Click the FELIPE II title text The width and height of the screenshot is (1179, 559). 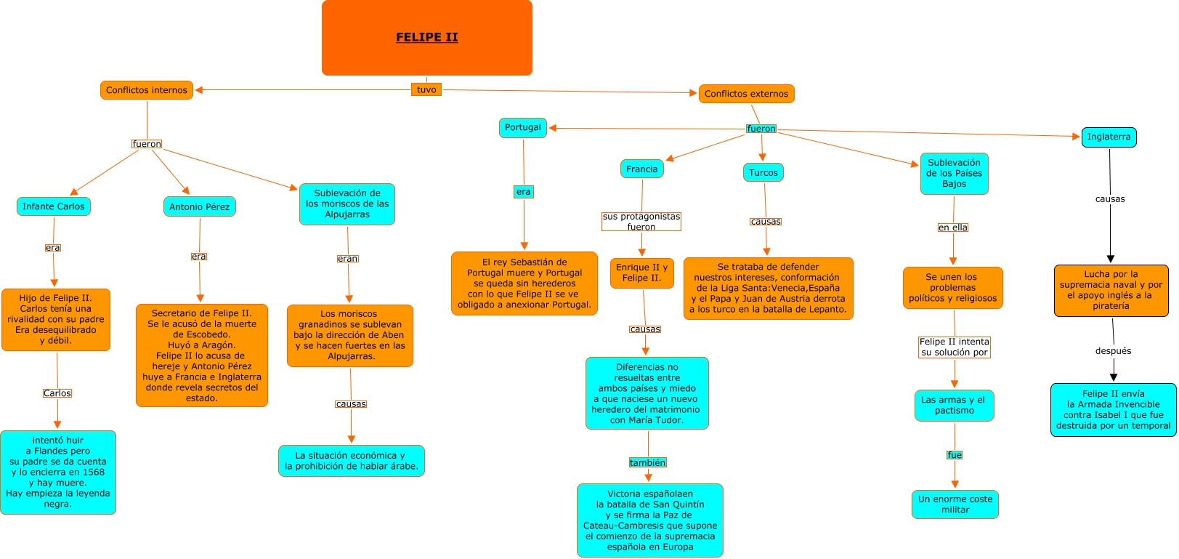pyautogui.click(x=427, y=37)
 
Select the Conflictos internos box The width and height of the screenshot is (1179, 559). pyautogui.click(x=147, y=90)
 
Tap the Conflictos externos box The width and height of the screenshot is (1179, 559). pyautogui.click(x=746, y=94)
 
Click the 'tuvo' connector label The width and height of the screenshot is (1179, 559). pyautogui.click(x=426, y=89)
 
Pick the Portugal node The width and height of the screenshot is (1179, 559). pyautogui.click(x=522, y=127)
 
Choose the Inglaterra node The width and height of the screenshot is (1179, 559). pyautogui.click(x=1109, y=137)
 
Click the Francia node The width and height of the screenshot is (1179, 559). pyautogui.click(x=641, y=169)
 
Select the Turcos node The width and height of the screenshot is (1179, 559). pyautogui.click(x=763, y=172)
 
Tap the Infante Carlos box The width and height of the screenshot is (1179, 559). pyautogui.click(x=54, y=206)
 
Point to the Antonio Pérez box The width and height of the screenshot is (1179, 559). pyautogui.click(x=200, y=207)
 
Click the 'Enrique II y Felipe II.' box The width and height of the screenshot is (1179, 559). pyautogui.click(x=642, y=273)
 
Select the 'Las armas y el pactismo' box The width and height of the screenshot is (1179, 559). pyautogui.click(x=955, y=405)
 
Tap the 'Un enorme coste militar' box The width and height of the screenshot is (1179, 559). pyautogui.click(x=955, y=504)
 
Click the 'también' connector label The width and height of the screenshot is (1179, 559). pyautogui.click(x=647, y=462)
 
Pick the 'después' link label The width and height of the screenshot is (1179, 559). pyautogui.click(x=1113, y=351)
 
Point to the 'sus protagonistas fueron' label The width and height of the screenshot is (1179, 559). pyautogui.click(x=641, y=222)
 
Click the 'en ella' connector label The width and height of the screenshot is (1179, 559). pyautogui.click(x=953, y=228)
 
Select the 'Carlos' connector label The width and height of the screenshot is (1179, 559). pyautogui.click(x=57, y=393)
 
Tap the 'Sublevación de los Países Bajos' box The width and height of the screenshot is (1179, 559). pyautogui.click(x=955, y=173)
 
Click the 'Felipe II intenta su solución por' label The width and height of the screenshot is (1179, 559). pyautogui.click(x=955, y=347)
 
